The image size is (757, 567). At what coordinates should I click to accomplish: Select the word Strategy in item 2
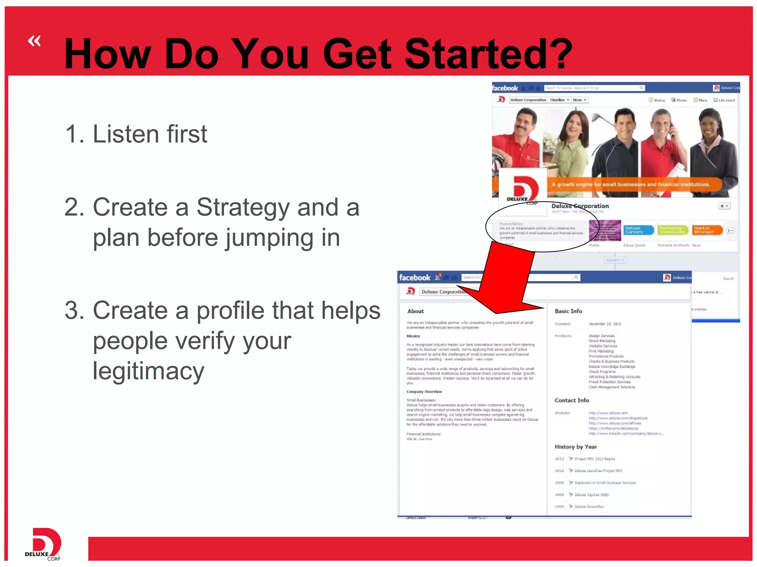(242, 207)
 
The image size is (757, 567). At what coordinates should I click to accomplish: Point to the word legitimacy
(148, 371)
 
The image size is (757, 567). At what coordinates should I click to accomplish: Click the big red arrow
(506, 281)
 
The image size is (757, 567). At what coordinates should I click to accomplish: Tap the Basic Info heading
(568, 311)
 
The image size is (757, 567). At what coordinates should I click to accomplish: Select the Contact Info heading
(571, 400)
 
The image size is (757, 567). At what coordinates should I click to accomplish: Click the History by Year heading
(576, 447)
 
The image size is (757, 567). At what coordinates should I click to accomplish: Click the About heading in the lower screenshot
(415, 311)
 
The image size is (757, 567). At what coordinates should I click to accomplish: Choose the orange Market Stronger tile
(707, 230)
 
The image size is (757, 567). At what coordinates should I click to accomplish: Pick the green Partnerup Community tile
(673, 230)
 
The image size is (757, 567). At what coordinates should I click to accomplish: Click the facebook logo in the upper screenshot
(505, 88)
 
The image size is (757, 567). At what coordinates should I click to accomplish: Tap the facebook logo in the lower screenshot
(415, 278)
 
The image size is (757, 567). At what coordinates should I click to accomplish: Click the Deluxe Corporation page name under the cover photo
(580, 206)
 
